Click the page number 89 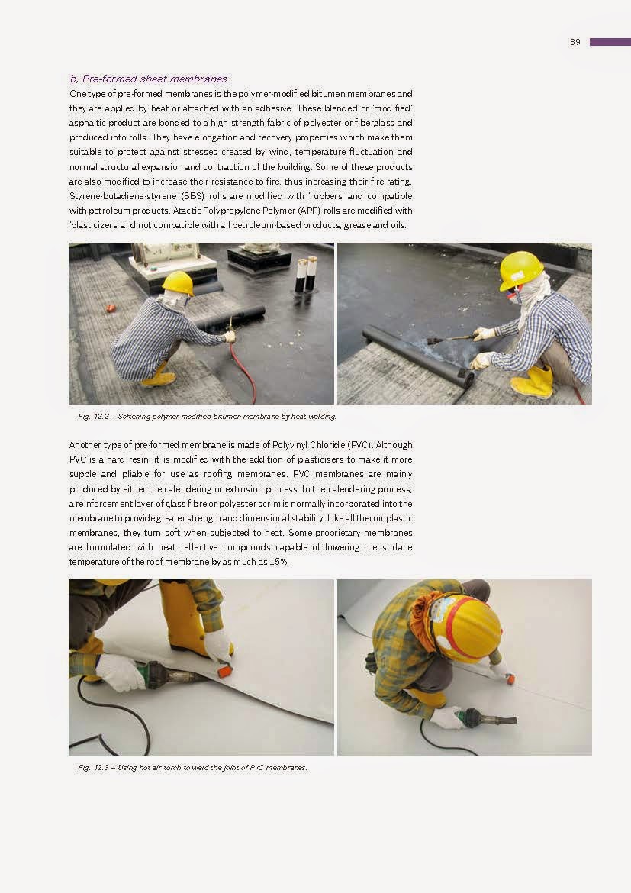click(x=575, y=42)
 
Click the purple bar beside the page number click(x=610, y=42)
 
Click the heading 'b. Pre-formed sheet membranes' click(x=148, y=79)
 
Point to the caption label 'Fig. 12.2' click(x=95, y=417)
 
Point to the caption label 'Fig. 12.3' click(x=95, y=767)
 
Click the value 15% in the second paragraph click(x=278, y=561)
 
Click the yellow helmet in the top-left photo click(x=178, y=282)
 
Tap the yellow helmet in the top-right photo click(x=521, y=269)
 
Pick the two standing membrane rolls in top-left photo click(x=306, y=274)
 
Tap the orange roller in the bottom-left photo click(x=224, y=671)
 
